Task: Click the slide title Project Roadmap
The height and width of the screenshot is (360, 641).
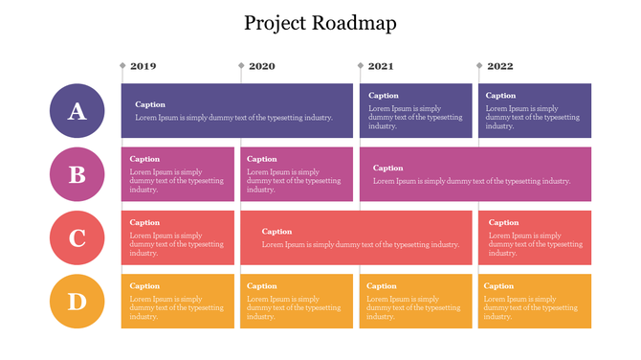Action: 320,23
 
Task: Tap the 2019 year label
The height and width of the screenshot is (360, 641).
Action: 143,66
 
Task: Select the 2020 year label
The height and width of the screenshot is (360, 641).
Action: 261,66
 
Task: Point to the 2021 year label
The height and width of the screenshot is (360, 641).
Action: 380,66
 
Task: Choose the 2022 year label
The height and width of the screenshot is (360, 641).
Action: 499,66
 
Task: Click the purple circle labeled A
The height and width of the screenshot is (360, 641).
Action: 77,111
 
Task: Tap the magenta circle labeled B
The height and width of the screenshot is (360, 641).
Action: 77,174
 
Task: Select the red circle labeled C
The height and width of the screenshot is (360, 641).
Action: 77,238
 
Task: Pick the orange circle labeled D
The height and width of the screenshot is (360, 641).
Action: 77,302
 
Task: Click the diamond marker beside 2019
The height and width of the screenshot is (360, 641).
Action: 122,66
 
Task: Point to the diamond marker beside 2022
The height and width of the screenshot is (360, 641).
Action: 479,66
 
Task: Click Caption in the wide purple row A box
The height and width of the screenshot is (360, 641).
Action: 150,104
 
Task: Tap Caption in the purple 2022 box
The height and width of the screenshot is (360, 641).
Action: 500,96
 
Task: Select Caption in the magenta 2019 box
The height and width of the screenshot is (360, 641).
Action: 144,159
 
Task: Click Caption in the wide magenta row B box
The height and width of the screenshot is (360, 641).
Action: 388,169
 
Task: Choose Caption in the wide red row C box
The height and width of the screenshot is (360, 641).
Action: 276,232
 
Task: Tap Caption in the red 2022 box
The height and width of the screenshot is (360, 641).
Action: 503,223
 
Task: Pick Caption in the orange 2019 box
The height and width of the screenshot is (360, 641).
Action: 144,286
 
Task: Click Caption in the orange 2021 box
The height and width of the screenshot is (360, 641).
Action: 382,286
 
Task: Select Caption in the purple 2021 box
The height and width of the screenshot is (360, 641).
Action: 384,96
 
